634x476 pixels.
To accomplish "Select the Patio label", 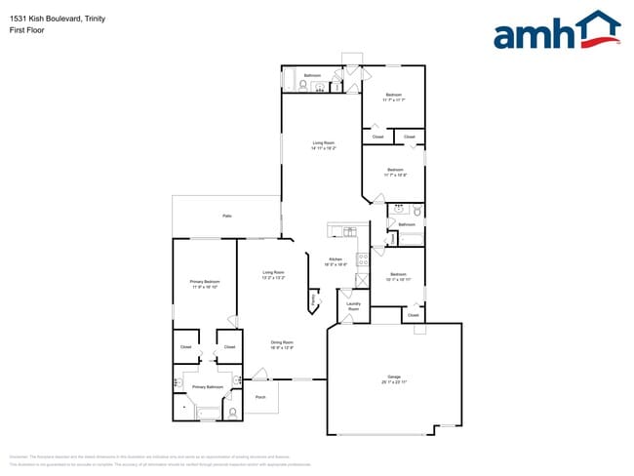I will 226,216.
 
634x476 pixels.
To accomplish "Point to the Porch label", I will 260,397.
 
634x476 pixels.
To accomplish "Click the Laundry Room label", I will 354,306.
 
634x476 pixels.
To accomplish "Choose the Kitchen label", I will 336,260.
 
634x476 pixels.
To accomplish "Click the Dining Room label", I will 282,344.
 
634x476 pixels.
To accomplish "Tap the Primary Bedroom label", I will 204,284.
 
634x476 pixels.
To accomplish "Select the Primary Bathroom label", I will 207,387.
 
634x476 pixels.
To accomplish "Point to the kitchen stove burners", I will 362,259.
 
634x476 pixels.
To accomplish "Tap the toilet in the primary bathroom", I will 233,412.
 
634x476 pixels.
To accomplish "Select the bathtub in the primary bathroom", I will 209,413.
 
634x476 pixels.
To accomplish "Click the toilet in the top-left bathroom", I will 303,86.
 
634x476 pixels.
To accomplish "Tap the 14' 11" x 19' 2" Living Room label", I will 324,146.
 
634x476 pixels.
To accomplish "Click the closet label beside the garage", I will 413,316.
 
